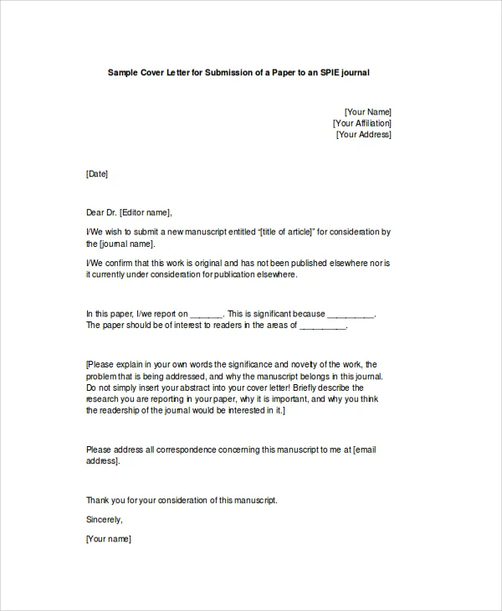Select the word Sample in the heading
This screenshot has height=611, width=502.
[123, 73]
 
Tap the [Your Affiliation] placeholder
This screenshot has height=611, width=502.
[361, 123]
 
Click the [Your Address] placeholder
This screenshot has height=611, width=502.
[363, 135]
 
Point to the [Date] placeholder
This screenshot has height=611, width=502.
[97, 174]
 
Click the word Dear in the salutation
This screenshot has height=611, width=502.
[95, 213]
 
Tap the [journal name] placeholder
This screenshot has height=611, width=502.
[127, 244]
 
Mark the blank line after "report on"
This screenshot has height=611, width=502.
[207, 315]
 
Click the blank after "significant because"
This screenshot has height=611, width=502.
[350, 315]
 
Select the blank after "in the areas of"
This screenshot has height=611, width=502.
[322, 326]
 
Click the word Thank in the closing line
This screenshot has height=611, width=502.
[99, 501]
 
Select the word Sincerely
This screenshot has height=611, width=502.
[104, 520]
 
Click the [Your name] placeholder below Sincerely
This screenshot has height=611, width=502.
[108, 539]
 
